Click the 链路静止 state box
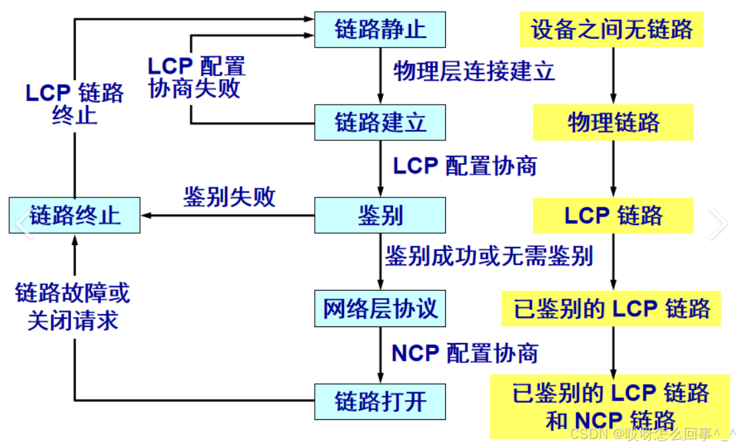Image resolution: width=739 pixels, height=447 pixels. (x=380, y=30)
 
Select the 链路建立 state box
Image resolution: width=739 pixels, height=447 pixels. (x=380, y=123)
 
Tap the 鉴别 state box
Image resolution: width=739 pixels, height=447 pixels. (x=380, y=215)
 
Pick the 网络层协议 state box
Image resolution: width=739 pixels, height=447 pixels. (x=380, y=309)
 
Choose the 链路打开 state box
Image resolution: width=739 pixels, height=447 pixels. (x=380, y=401)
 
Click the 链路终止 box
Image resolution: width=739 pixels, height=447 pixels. (x=75, y=215)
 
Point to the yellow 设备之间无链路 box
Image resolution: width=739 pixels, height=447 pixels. (x=612, y=29)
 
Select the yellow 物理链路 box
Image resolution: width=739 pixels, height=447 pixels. (x=613, y=123)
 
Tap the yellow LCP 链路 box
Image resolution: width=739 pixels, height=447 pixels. (x=613, y=215)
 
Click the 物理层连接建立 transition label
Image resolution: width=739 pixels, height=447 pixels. (x=474, y=71)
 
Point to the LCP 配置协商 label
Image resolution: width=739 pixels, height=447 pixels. (x=465, y=166)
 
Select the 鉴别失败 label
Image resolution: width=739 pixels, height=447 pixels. (x=229, y=197)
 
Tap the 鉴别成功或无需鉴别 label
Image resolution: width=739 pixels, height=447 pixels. (x=488, y=256)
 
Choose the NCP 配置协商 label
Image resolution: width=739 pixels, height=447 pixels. (x=465, y=353)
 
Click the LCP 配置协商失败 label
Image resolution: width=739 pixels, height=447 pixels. (x=196, y=77)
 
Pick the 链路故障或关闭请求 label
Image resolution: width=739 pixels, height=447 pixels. (x=73, y=307)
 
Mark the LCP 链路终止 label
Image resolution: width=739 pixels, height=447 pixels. (x=74, y=103)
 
